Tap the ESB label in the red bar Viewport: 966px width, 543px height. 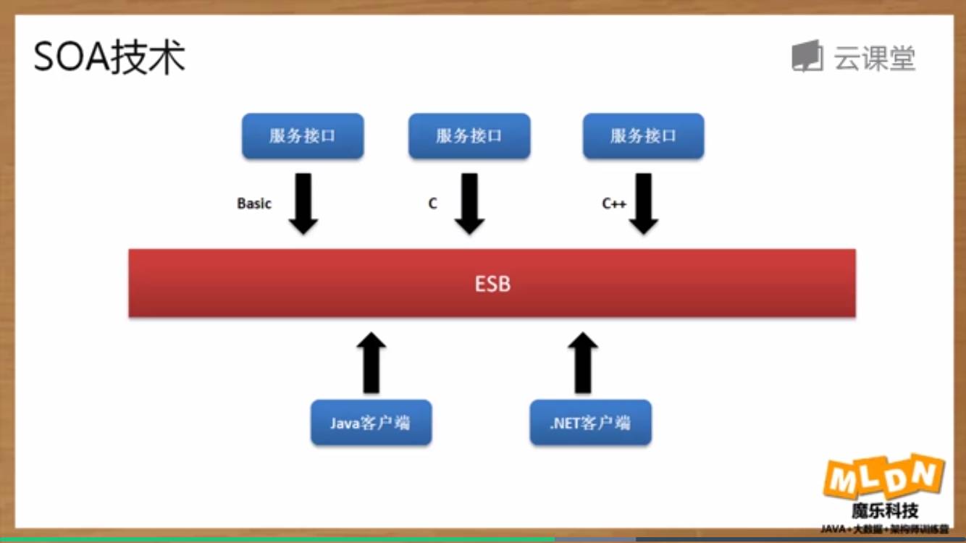492,284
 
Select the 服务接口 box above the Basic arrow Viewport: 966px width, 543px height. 303,136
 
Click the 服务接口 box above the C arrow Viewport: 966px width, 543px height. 469,136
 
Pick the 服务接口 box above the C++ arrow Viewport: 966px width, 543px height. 643,136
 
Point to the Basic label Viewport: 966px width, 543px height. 254,204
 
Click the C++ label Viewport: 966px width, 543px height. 614,204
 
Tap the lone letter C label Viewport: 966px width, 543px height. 432,204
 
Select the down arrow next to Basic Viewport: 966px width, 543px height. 303,203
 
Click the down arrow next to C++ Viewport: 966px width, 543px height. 643,203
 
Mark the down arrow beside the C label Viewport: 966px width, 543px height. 469,203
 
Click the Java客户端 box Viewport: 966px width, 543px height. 371,423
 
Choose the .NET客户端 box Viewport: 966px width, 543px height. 590,423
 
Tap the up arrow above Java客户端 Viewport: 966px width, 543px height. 371,362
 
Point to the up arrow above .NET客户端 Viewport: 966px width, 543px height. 582,362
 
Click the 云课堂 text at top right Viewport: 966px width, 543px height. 875,58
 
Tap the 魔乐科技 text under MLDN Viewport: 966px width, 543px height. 885,511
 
